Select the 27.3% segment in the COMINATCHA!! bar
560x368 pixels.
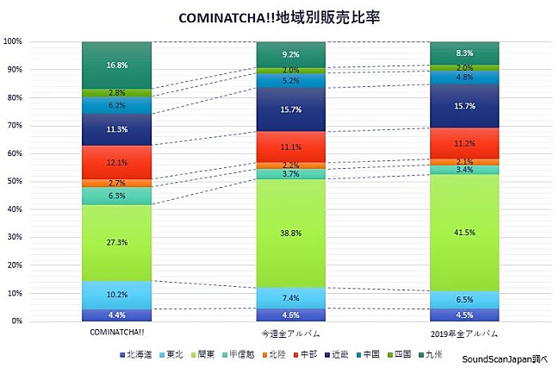pos(116,243)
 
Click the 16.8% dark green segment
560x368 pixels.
pos(116,65)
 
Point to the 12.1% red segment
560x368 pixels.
pos(116,163)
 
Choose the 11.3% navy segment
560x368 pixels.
pos(116,130)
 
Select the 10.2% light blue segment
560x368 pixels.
pos(116,295)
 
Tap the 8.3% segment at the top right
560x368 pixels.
pos(464,53)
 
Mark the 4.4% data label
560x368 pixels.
pos(116,315)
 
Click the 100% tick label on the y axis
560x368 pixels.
pos(13,41)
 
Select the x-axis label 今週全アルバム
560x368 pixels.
pos(290,333)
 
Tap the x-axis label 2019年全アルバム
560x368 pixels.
pos(464,333)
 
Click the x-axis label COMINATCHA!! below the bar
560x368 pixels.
pos(116,333)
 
